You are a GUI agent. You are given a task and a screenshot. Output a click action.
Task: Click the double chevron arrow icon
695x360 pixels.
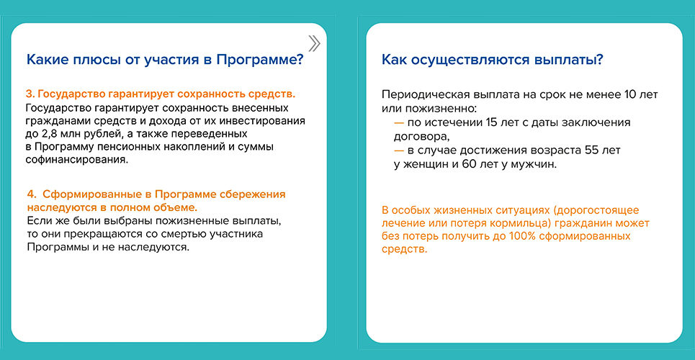click(x=314, y=43)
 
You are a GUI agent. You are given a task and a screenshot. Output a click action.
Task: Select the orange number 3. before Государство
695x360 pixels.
click(x=30, y=94)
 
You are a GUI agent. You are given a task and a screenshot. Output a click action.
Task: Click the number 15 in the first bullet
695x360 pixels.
click(x=492, y=123)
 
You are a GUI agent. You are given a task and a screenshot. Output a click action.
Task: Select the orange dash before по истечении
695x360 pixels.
click(x=399, y=123)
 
